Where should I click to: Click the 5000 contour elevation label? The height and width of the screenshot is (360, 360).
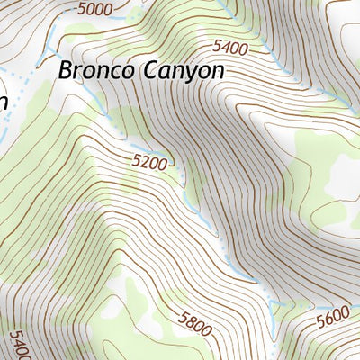pos(96,10)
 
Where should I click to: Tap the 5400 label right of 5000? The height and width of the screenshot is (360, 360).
pos(230,46)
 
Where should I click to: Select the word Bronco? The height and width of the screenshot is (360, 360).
pos(96,71)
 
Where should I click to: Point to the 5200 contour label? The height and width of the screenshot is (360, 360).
pos(150,163)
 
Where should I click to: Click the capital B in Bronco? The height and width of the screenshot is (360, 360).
pos(66,71)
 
